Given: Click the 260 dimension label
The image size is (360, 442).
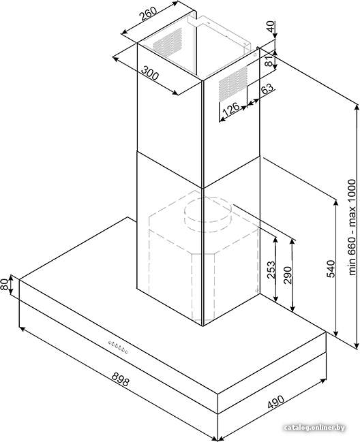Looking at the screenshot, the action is click(x=149, y=14).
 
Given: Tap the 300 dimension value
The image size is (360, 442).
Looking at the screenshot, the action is click(x=150, y=73).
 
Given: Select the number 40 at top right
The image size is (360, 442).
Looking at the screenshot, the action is click(x=271, y=27).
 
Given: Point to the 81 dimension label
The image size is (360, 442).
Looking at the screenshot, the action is click(x=270, y=61).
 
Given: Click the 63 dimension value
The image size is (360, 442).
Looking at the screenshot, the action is click(x=267, y=89).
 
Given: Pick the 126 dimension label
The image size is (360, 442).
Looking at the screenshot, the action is click(x=231, y=109).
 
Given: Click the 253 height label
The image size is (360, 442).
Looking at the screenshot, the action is click(x=271, y=270).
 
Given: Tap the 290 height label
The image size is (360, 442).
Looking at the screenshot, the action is click(x=288, y=275).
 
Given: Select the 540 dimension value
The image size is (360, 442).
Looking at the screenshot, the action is click(x=331, y=269).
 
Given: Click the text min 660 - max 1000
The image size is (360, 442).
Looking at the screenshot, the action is click(x=352, y=227).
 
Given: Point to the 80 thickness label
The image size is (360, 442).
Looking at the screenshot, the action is click(x=4, y=285).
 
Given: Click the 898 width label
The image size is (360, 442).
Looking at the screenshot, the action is click(x=121, y=379).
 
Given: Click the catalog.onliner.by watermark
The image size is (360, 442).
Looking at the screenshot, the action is click(x=314, y=428).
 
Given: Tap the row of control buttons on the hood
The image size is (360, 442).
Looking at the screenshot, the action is click(x=118, y=347).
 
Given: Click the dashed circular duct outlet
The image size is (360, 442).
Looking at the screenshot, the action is click(x=208, y=215).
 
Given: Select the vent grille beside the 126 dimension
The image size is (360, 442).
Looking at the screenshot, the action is click(x=233, y=84).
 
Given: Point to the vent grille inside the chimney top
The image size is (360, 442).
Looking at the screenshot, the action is click(x=168, y=42).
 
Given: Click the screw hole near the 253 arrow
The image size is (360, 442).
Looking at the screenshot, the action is click(x=256, y=290).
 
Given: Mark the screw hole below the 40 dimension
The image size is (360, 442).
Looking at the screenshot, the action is click(x=255, y=55).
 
